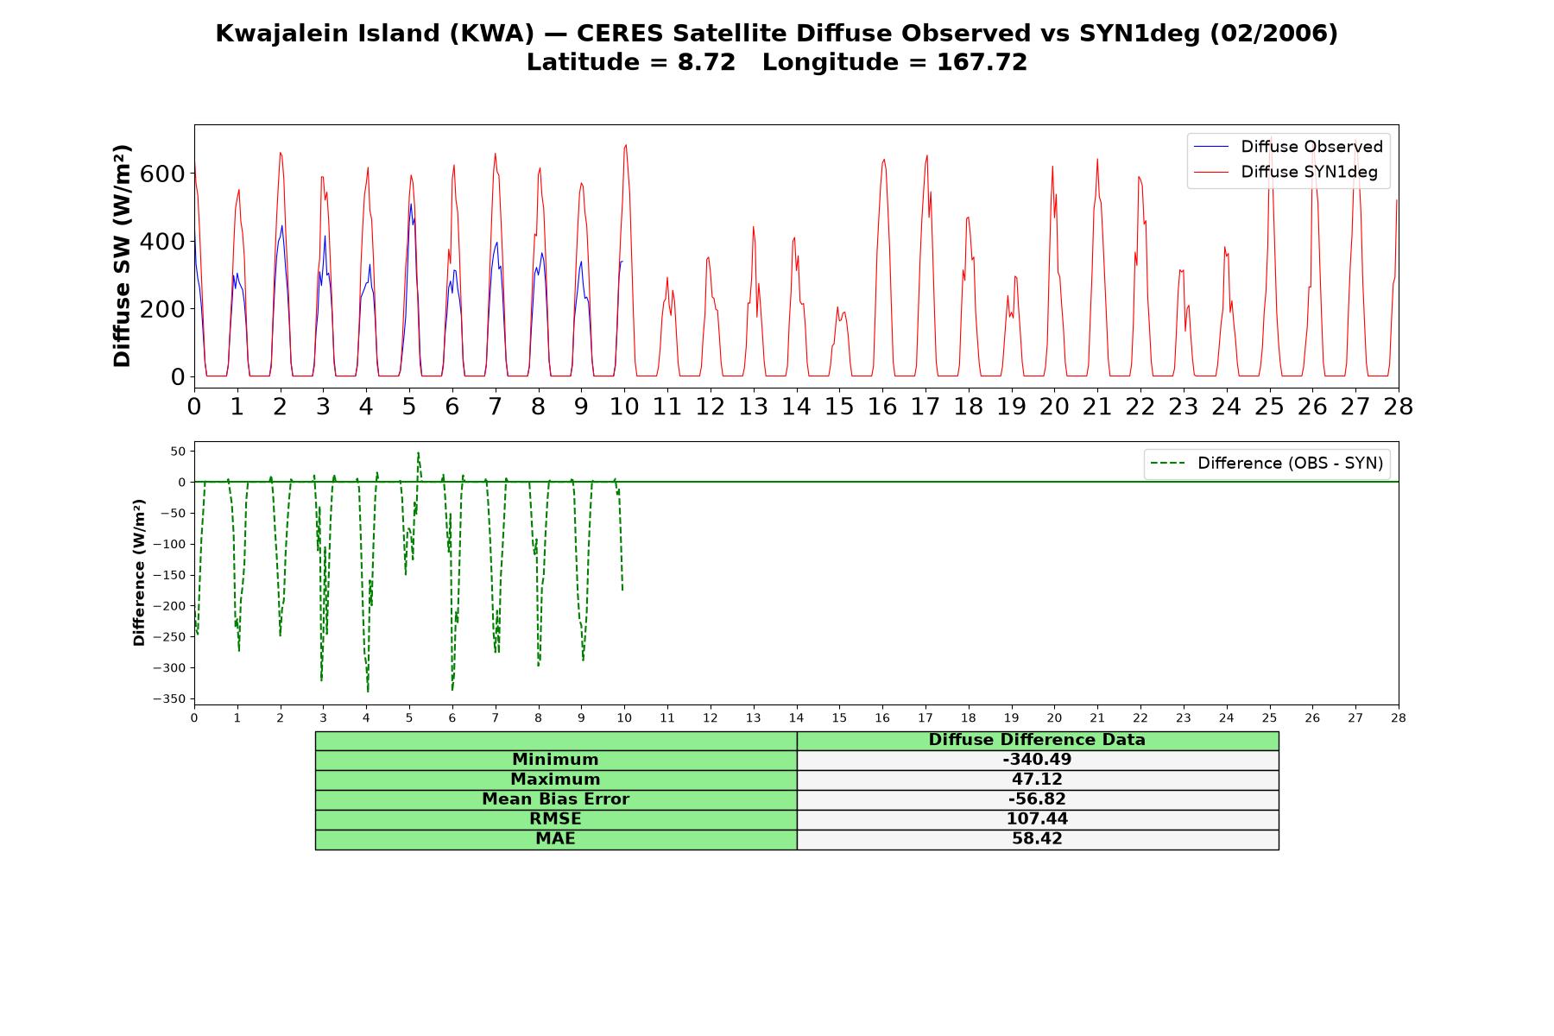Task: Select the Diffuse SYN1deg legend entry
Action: (x=1286, y=172)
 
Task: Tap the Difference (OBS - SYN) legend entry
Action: (x=1267, y=464)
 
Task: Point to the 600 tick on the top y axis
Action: (x=162, y=174)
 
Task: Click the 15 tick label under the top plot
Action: (x=839, y=407)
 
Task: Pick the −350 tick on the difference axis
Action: (x=169, y=698)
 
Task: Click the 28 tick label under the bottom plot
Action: (x=1399, y=717)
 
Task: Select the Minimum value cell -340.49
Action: (x=1037, y=760)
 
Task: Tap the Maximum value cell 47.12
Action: (x=1037, y=780)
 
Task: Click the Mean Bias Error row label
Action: (x=556, y=799)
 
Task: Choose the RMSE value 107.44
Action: (x=1037, y=819)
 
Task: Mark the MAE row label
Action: (x=556, y=839)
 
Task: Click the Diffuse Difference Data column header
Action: (x=1037, y=740)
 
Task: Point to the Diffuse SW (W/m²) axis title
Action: (x=122, y=256)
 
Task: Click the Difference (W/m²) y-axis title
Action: (x=139, y=573)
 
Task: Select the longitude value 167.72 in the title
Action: (x=982, y=62)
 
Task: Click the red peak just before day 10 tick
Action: (x=625, y=145)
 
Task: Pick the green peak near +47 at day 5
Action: (x=418, y=452)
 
